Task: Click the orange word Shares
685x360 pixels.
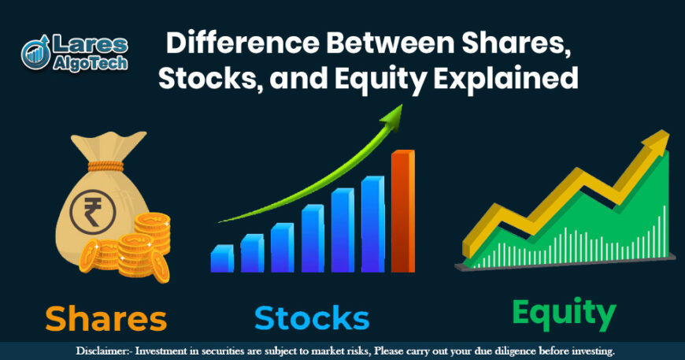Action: (x=106, y=318)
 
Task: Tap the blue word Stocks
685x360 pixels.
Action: (x=312, y=317)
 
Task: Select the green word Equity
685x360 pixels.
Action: (x=564, y=315)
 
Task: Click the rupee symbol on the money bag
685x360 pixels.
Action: (x=93, y=213)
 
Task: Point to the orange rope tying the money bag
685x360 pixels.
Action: (x=106, y=166)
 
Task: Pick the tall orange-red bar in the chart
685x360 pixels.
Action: (x=403, y=211)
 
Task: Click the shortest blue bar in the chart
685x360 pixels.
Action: (x=222, y=258)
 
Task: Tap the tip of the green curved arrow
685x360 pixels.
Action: (x=401, y=106)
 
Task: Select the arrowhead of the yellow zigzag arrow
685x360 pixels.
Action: (x=657, y=142)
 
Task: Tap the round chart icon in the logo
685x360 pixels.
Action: (x=35, y=54)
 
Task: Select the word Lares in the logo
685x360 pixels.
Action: (x=90, y=45)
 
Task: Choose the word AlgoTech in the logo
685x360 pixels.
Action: (x=90, y=63)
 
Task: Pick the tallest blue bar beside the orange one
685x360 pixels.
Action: (x=373, y=225)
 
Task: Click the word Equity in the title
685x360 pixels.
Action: (x=380, y=79)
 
